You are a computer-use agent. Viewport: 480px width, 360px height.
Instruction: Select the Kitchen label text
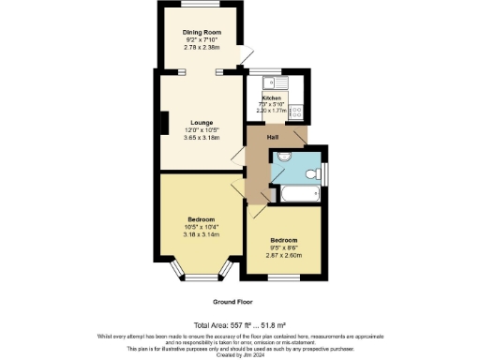272,97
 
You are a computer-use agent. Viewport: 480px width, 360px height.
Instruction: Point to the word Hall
272,137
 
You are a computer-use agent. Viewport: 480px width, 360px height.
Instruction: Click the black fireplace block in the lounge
164,123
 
